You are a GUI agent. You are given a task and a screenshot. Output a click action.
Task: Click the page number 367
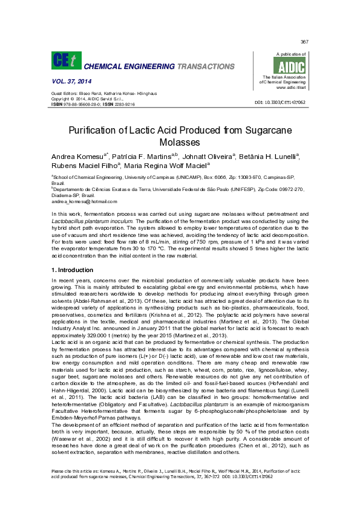[304, 42]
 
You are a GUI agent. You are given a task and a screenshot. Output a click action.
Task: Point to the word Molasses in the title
[180, 142]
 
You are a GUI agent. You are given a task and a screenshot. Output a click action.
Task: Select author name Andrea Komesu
[77, 156]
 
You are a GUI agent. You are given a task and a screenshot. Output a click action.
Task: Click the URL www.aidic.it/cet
[290, 87]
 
